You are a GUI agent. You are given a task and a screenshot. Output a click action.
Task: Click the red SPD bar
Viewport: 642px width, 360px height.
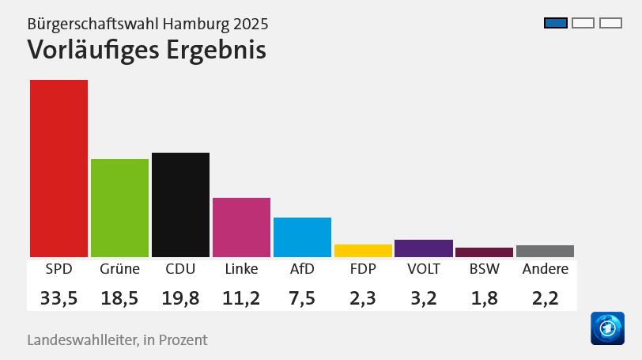click(59, 168)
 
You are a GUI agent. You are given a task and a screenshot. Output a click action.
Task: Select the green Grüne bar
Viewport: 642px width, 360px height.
click(119, 207)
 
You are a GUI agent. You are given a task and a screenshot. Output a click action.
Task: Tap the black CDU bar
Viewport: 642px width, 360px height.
click(180, 204)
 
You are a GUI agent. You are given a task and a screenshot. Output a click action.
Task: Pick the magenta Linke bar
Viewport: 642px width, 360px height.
click(241, 227)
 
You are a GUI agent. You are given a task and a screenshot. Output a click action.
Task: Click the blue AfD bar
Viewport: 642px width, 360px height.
click(302, 237)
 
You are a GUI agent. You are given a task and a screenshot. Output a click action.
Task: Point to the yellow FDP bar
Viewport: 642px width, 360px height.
click(363, 251)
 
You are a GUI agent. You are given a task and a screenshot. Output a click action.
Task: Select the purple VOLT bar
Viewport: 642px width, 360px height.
click(424, 248)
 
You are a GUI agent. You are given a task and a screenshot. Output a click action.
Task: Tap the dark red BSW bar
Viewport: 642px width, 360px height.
click(484, 252)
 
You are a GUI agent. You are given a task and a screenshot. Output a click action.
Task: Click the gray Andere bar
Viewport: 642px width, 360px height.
click(545, 251)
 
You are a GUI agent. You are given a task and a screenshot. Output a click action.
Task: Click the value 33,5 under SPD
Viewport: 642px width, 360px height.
click(59, 297)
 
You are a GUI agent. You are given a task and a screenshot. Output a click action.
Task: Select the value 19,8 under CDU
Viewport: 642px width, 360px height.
click(180, 297)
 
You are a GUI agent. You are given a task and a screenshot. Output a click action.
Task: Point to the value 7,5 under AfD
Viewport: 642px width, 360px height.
click(302, 297)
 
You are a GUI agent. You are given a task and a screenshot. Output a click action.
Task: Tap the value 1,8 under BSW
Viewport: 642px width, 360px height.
click(484, 297)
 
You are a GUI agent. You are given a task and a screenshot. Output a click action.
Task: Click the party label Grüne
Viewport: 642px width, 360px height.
click(119, 269)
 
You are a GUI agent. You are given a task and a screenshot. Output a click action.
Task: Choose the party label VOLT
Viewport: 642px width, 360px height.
click(424, 269)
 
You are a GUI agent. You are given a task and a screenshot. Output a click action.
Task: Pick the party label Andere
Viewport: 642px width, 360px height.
click(546, 269)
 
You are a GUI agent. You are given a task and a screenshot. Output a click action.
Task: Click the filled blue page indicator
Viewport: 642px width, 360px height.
click(556, 22)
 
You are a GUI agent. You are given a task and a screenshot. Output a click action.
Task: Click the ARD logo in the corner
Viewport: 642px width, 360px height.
click(607, 328)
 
